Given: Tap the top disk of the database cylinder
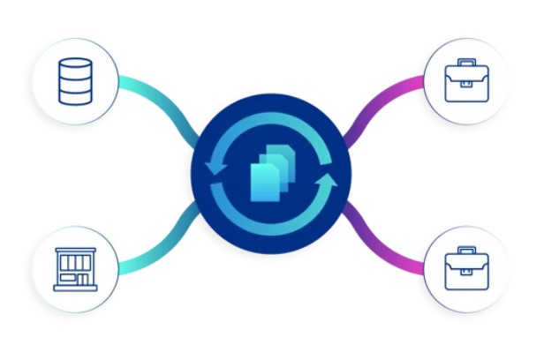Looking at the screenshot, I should [76, 64].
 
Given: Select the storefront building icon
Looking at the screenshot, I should [76, 268].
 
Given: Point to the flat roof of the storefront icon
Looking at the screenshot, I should [76, 250].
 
